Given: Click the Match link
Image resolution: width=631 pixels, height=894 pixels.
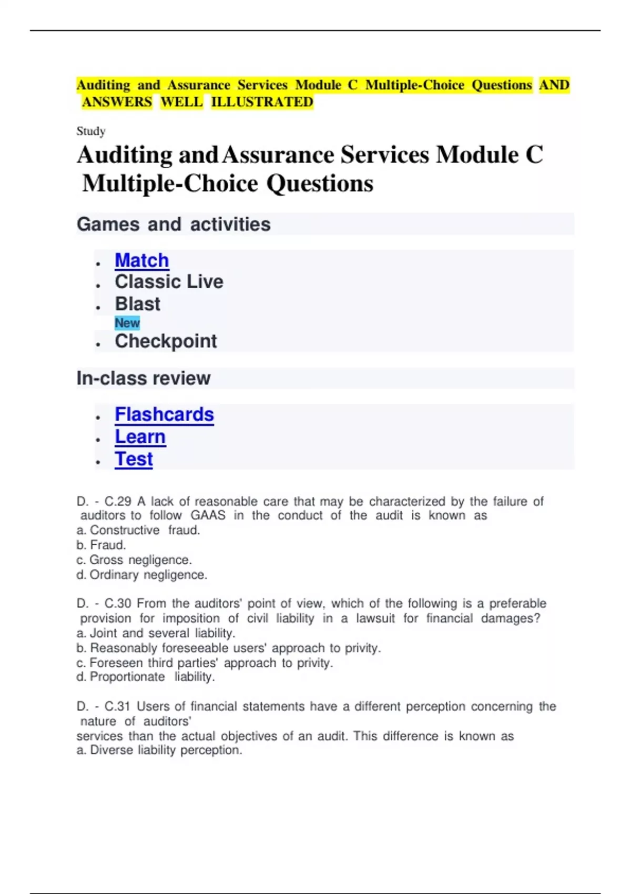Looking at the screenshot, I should point(141,260).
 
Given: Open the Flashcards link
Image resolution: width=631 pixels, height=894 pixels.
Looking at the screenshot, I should point(164,414).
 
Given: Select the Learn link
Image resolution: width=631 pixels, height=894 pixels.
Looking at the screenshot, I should point(140,436).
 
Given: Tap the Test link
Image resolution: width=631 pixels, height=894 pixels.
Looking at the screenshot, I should point(134,459).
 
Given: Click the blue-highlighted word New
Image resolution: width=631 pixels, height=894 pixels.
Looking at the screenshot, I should point(127,323).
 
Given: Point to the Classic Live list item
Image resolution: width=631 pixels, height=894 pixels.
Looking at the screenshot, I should point(169,282).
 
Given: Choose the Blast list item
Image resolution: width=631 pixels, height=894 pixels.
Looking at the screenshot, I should point(137,304).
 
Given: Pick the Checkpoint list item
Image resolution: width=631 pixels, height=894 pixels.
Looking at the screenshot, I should point(166,341).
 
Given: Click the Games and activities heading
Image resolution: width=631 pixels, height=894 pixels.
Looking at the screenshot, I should point(174,224).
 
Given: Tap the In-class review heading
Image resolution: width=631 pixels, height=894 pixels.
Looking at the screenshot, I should point(143,378).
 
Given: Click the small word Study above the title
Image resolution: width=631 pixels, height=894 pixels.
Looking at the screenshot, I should point(91,131).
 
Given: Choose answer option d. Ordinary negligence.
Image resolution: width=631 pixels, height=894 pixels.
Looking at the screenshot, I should point(142,575).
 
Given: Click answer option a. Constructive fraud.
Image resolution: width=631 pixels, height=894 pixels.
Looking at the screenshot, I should point(138,530).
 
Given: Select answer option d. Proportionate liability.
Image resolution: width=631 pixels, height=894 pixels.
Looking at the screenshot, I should point(146,677).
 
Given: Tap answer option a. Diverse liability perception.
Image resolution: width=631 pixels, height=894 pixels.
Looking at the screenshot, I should point(159,750).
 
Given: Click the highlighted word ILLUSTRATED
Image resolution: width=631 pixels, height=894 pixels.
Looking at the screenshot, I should point(262,102).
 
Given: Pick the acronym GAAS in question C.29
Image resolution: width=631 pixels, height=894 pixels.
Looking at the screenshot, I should point(208,515).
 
